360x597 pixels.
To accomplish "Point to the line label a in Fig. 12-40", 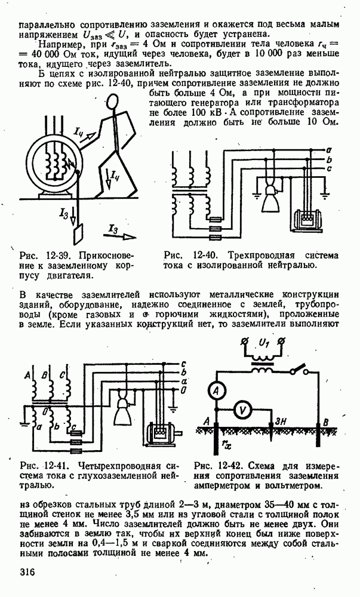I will pyautogui.click(x=329, y=147).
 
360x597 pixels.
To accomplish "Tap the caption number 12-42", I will pyautogui.click(x=234, y=466).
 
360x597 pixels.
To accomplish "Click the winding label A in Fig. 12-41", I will pyautogui.click(x=27, y=375).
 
